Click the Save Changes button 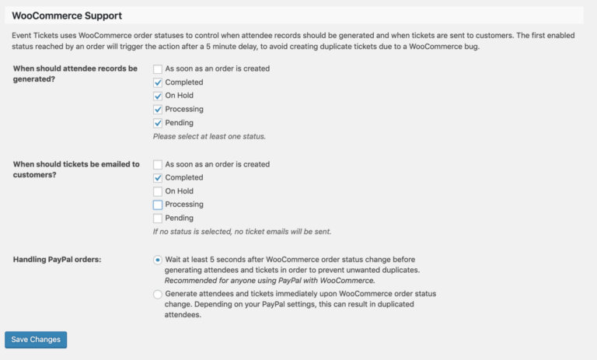click(x=36, y=340)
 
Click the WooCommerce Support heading click(x=67, y=16)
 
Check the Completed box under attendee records click(x=158, y=82)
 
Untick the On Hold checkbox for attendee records click(x=158, y=96)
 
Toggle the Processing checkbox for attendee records click(x=158, y=110)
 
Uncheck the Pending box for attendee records click(x=158, y=123)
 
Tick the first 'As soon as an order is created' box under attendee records click(x=158, y=68)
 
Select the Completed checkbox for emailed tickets click(x=158, y=178)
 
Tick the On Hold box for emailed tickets click(x=158, y=191)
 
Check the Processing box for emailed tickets click(x=158, y=205)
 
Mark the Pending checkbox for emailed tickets click(x=158, y=218)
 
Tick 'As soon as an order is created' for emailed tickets click(x=158, y=164)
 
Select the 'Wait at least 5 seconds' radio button click(x=158, y=260)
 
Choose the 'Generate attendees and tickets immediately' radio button click(x=158, y=294)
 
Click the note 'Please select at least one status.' click(x=209, y=136)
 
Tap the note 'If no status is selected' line click(x=247, y=232)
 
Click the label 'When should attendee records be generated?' click(x=75, y=74)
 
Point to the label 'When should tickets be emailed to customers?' click(x=76, y=170)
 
